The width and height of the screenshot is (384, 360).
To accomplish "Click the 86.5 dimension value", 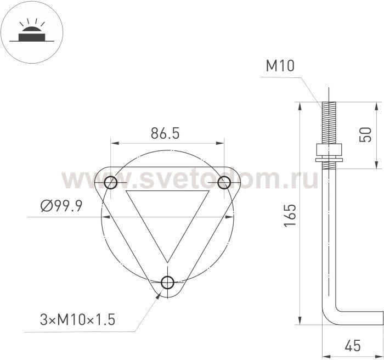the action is tap(165, 133).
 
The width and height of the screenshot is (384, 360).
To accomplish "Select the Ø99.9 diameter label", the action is tap(61, 206).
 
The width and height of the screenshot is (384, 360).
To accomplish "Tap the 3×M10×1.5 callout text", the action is tap(77, 319).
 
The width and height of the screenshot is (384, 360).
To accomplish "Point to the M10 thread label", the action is tap(280, 66).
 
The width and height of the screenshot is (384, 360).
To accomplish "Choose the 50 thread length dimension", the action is tap(365, 134).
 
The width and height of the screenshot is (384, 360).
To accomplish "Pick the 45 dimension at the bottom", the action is tap(353, 346).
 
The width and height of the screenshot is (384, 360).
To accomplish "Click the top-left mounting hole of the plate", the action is tap(110, 182).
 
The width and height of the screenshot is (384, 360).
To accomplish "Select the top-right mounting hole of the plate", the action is tap(224, 183).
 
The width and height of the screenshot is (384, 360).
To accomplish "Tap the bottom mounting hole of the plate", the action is tap(167, 282).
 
